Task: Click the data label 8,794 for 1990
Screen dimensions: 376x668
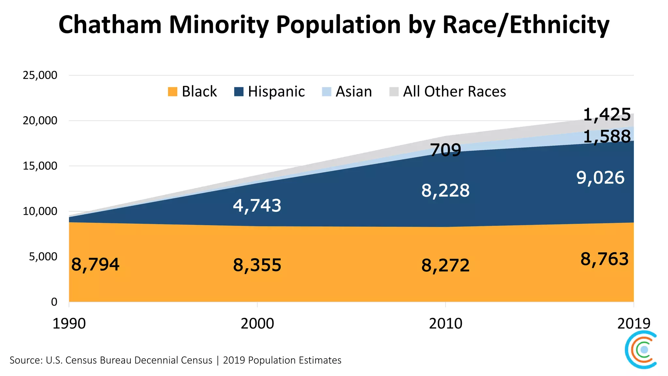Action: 95,264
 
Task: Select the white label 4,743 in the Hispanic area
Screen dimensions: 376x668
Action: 257,206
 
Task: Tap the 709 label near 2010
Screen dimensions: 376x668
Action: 446,150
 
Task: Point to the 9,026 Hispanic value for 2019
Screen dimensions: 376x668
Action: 600,178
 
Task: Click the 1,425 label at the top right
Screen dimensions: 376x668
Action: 607,115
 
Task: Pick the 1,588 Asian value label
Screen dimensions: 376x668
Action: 607,136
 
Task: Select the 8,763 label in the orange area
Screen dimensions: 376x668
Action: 604,259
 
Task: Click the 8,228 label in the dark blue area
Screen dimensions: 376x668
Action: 445,191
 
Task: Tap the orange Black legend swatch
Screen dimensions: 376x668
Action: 173,92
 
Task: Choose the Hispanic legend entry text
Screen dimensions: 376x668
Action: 276,92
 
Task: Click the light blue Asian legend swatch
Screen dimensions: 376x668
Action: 326,92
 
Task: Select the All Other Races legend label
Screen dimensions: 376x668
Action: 454,92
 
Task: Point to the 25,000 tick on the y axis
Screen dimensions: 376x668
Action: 40,75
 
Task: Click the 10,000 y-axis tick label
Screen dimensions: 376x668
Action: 40,211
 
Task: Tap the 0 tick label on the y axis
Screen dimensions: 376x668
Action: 54,302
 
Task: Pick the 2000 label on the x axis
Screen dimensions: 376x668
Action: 257,323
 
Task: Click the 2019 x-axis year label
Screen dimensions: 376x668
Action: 633,323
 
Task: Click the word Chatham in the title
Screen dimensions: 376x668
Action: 110,25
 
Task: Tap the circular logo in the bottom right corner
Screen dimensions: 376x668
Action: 641,350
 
